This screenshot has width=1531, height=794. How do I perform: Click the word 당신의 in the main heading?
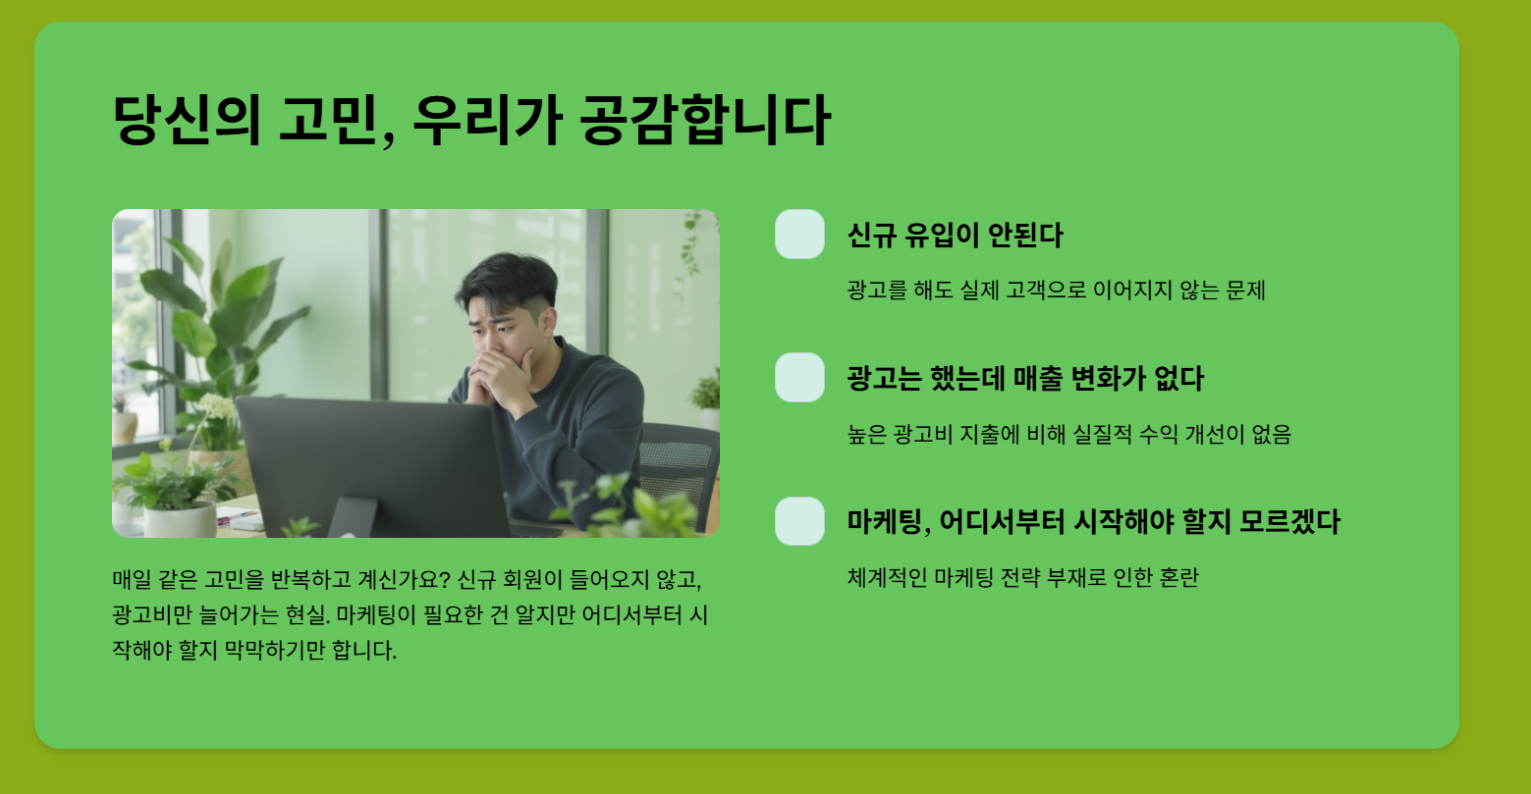pyautogui.click(x=187, y=121)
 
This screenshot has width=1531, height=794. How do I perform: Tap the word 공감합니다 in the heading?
pyautogui.click(x=705, y=121)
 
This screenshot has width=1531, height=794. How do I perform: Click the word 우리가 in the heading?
pyautogui.click(x=488, y=121)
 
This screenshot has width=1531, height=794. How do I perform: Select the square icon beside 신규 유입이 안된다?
pyautogui.click(x=799, y=235)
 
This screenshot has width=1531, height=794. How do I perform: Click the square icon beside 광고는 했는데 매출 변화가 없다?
pyautogui.click(x=799, y=377)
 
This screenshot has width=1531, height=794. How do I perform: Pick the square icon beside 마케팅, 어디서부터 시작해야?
pyautogui.click(x=799, y=521)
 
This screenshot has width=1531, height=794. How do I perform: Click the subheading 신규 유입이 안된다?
pyautogui.click(x=955, y=235)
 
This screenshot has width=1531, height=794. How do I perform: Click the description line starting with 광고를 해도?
pyautogui.click(x=1056, y=291)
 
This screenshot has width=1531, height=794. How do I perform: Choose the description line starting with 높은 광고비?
pyautogui.click(x=1069, y=434)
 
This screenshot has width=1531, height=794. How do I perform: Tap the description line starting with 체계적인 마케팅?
pyautogui.click(x=1023, y=577)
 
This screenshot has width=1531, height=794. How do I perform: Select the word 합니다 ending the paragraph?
pyautogui.click(x=363, y=650)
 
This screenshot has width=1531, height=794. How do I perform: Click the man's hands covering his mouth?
pyautogui.click(x=500, y=375)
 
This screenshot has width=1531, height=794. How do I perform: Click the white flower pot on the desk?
pyautogui.click(x=180, y=520)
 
